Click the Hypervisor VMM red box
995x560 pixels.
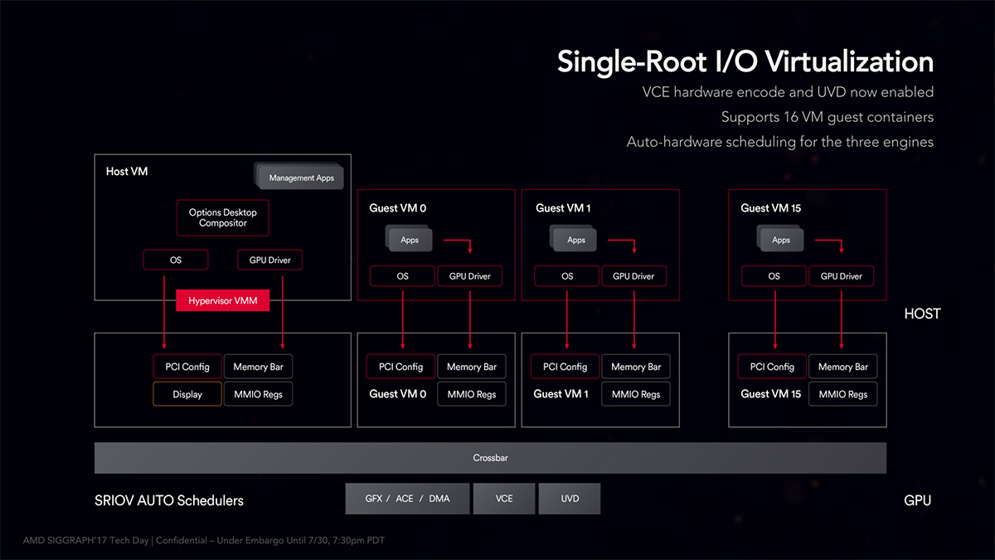223,300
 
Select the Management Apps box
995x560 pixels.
300,178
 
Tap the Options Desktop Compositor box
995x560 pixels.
223,217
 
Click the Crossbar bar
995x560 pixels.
490,458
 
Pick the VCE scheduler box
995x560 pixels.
504,499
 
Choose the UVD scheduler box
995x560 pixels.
570,499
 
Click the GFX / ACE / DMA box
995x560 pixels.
407,499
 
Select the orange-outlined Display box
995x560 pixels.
187,394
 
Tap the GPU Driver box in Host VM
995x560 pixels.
270,260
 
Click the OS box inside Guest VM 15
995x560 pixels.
774,276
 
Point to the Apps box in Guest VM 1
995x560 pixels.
575,240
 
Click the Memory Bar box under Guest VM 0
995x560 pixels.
471,367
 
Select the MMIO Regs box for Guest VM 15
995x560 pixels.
842,394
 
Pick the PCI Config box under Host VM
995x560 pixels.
187,367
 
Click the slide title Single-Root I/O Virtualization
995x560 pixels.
745,62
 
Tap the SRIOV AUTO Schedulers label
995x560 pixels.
169,500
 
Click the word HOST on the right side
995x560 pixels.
922,314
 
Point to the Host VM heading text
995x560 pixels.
127,172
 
